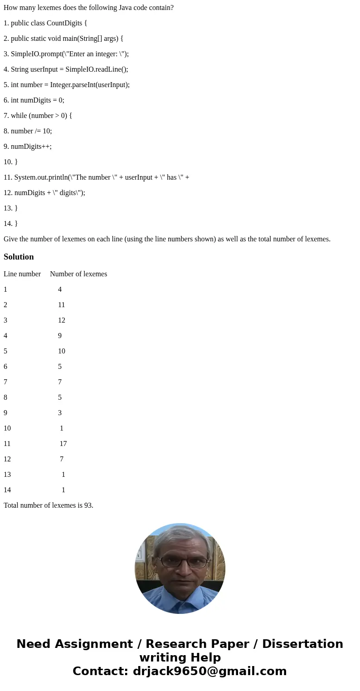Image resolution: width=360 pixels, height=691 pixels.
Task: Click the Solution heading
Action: pos(19,257)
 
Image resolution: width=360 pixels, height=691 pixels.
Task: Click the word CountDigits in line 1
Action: pos(64,23)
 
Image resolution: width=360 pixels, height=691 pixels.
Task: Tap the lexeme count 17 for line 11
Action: pos(63,444)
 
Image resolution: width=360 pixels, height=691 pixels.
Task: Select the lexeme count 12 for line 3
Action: pos(62,320)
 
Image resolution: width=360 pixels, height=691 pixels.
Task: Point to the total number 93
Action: pos(88,505)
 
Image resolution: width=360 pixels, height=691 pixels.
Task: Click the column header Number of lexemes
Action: pos(78,274)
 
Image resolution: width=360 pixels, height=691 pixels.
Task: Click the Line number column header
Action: pos(22,274)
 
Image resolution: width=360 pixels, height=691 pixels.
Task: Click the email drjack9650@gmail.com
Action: pos(209,671)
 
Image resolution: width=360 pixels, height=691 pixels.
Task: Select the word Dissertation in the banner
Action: pos(302,644)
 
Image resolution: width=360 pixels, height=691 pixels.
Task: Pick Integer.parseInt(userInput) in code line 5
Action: pos(89,85)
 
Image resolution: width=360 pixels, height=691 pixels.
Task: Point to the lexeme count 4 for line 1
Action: pos(60,289)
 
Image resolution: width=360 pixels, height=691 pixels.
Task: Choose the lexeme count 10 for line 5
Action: pos(62,351)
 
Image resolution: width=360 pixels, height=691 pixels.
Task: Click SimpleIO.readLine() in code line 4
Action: pos(96,69)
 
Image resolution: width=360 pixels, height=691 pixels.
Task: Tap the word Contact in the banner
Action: pos(100,671)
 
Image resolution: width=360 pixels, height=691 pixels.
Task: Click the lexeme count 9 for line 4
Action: pos(60,336)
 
